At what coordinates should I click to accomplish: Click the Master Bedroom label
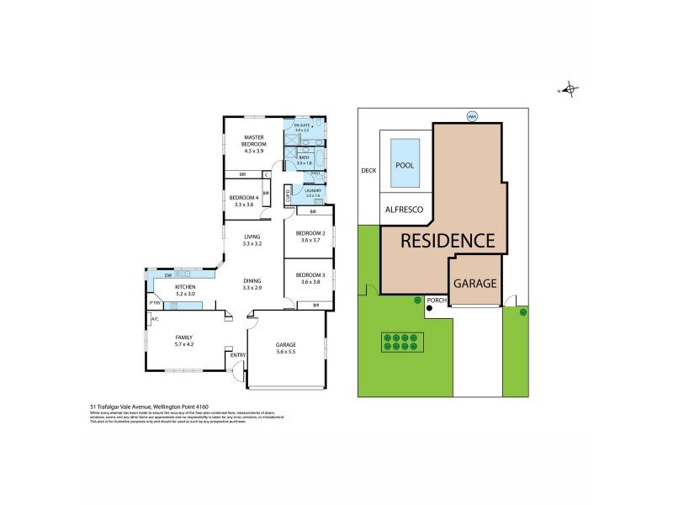[255, 141]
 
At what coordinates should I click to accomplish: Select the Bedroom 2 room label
[310, 236]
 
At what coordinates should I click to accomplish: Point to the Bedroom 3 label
[310, 279]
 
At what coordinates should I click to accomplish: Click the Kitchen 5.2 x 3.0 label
[185, 290]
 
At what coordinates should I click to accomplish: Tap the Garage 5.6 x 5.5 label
[287, 348]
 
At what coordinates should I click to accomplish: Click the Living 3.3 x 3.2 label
[252, 240]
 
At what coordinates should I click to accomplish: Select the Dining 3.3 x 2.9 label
[252, 284]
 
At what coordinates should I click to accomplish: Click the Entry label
[238, 355]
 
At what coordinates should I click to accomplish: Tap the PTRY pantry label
[155, 303]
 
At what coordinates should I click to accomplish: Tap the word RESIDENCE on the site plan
[447, 241]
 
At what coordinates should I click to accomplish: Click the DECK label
[368, 170]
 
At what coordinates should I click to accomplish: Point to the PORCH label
[437, 300]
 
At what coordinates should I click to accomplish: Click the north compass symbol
[570, 89]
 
